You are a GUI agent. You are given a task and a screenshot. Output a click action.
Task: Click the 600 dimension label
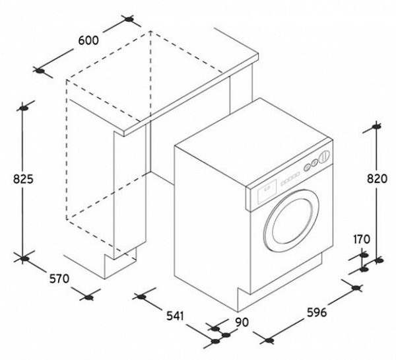tap(88, 40)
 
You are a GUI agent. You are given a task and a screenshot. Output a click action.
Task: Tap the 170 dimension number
tap(362, 238)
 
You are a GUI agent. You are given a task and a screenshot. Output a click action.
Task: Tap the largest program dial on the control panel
tap(323, 157)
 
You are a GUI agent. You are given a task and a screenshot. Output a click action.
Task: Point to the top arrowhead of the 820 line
tap(378, 126)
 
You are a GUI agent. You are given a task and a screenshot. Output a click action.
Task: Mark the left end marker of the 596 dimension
tap(267, 342)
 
